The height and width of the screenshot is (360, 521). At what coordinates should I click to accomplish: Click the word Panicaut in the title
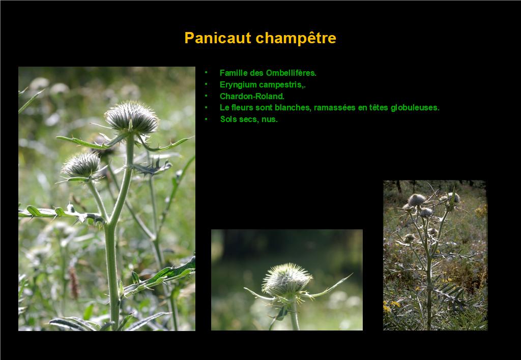click(x=218, y=38)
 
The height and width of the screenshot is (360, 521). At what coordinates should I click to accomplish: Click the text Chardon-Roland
click(x=252, y=96)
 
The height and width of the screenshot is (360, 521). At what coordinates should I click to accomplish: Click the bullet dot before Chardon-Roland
click(x=206, y=96)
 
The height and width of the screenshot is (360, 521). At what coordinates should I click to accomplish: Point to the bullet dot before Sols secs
click(x=206, y=119)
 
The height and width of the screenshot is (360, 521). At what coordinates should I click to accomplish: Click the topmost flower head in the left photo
click(x=132, y=117)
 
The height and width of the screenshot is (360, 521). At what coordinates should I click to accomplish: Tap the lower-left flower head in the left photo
click(x=81, y=165)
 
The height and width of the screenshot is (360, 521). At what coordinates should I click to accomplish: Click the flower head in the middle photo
click(x=286, y=280)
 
